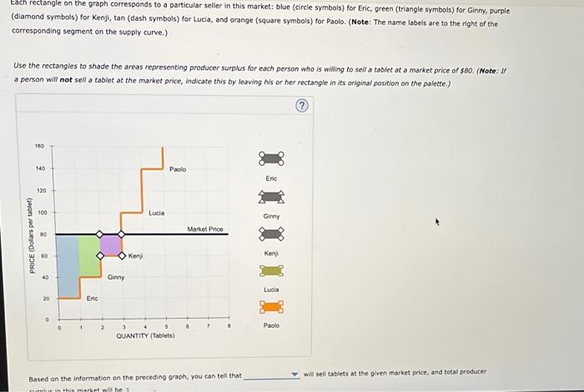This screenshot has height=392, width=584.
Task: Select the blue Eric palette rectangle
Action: [x=271, y=158]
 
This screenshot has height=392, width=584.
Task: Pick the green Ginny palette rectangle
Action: [x=271, y=197]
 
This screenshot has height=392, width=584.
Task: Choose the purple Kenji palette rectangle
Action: [x=271, y=233]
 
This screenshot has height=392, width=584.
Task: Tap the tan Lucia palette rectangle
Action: [x=271, y=269]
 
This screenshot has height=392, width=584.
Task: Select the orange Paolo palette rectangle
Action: [x=271, y=307]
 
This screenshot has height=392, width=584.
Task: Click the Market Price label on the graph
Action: [x=204, y=228]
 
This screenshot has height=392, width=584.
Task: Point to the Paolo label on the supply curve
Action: [x=178, y=169]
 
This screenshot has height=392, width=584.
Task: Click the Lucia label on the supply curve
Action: [x=157, y=213]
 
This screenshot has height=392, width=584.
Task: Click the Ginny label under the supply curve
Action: [x=116, y=277]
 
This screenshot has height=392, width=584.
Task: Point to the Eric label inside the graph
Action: [x=92, y=298]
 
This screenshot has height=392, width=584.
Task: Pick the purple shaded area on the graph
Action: [x=111, y=245]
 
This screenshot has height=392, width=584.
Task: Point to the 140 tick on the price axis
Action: [x=39, y=168]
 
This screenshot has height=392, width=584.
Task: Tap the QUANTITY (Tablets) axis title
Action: [x=145, y=335]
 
